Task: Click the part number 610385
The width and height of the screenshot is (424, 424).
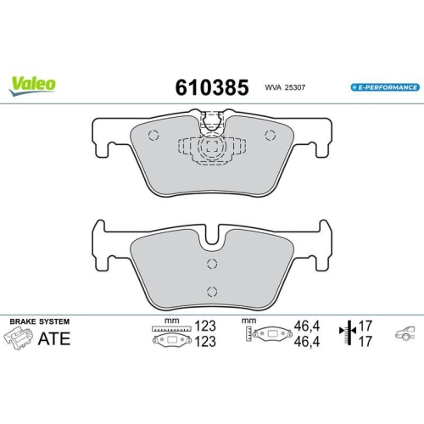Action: [211, 87]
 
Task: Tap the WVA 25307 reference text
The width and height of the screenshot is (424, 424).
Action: [283, 88]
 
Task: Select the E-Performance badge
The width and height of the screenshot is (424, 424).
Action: [384, 88]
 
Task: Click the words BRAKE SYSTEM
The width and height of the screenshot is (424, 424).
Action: [39, 322]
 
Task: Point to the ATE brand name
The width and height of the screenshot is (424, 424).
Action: [53, 341]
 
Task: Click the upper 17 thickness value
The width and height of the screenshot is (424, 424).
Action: [367, 325]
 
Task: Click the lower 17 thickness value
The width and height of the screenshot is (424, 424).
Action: [367, 342]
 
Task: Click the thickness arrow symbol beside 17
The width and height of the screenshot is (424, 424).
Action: [346, 333]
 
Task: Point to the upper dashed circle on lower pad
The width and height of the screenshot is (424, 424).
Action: [211, 264]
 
